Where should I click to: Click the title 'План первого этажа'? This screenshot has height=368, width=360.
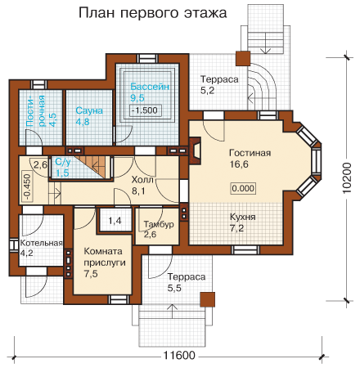coord(153,13)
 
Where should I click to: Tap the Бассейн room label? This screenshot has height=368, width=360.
coord(150,87)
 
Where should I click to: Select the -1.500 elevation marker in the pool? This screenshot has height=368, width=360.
coord(145,110)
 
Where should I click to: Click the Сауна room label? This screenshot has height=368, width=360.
coord(89,110)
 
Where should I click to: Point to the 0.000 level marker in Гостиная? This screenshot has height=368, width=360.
coord(243,188)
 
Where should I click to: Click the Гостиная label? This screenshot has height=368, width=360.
coord(250,153)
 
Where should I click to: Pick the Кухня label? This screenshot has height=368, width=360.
coord(243,217)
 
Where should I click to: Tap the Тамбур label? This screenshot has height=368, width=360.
coord(159,224)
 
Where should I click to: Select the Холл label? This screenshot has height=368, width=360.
coord(142,180)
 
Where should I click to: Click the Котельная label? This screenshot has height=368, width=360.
coord(42,243)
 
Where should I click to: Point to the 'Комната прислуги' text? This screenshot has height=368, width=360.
coord(105,257)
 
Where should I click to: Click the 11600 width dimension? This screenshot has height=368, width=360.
coord(179,356)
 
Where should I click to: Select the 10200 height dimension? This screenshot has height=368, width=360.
coord(347,178)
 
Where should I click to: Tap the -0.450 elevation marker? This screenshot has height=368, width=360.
coord(27,186)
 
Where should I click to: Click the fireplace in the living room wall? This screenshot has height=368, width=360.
coord(195,150)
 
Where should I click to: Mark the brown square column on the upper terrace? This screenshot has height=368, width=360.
coord(243,58)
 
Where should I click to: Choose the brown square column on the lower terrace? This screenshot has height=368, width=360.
coord(207,299)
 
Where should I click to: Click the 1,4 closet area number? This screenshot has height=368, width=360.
coord(115,221)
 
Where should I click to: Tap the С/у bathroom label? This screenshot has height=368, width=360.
coord(63,162)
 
